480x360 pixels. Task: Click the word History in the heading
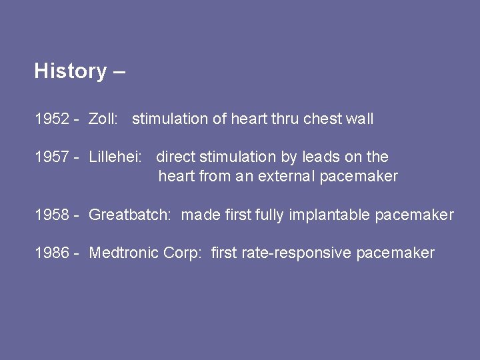pos(70,71)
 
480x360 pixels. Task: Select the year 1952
pos(52,119)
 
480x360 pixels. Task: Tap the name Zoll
pos(103,119)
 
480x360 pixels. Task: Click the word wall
pos(360,119)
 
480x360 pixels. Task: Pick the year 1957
pos(52,157)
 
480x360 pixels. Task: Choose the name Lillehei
pos(115,157)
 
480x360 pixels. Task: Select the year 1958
pos(52,215)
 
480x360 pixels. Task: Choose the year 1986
pos(52,253)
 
